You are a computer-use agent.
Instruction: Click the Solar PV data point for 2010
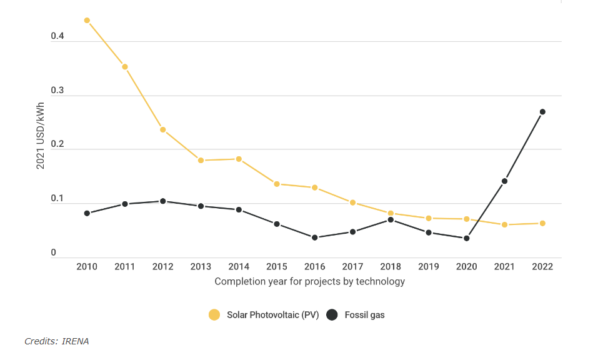point(87,21)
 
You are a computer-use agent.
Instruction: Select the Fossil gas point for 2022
point(542,112)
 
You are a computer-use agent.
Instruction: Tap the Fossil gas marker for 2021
point(504,181)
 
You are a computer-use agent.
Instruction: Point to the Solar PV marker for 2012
point(163,130)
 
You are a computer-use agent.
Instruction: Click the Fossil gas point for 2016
point(315,237)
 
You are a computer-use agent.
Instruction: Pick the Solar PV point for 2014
point(239,159)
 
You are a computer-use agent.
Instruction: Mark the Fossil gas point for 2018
point(391,220)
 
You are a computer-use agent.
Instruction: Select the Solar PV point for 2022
point(542,223)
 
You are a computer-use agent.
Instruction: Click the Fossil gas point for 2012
point(163,201)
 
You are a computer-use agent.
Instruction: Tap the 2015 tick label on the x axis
point(277,266)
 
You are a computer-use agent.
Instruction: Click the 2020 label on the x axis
point(467,266)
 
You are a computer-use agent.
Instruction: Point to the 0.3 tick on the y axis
point(57,91)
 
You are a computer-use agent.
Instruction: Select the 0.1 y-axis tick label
point(57,199)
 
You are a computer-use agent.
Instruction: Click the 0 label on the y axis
point(54,252)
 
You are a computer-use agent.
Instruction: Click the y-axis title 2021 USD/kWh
point(40,136)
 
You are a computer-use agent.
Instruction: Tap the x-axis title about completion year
point(309,281)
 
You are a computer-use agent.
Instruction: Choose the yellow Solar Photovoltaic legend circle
point(214,315)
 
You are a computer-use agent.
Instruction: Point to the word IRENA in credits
point(76,341)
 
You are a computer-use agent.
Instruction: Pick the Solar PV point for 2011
point(125,67)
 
